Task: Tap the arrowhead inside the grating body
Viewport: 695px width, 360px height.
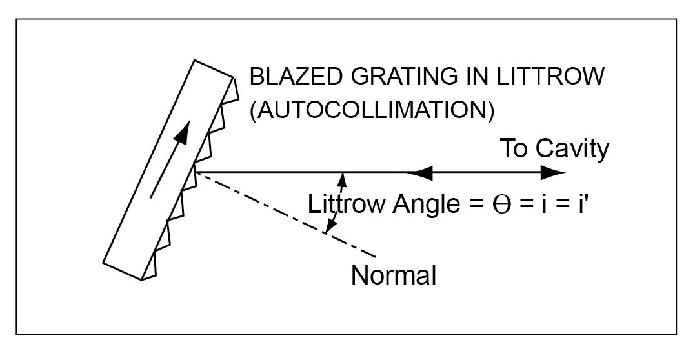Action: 183,132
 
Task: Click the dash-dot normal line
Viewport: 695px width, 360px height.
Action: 284,214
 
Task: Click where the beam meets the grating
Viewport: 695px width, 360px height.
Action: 194,172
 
